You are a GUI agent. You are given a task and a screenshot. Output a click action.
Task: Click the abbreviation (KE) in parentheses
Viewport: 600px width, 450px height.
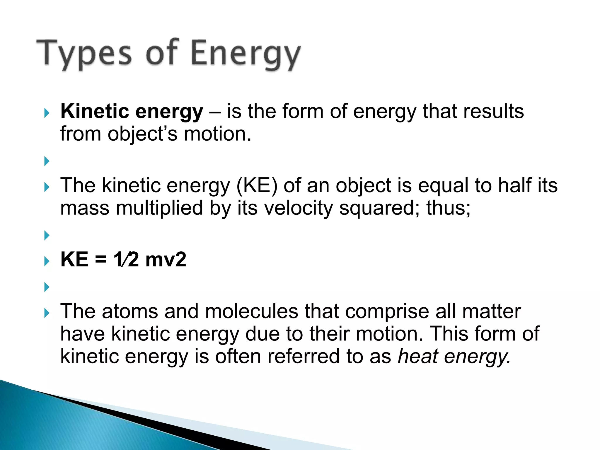pyautogui.click(x=257, y=186)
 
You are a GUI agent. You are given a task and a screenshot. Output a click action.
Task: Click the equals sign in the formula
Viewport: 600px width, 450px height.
pyautogui.click(x=100, y=260)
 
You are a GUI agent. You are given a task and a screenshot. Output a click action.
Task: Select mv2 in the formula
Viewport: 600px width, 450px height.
pyautogui.click(x=166, y=260)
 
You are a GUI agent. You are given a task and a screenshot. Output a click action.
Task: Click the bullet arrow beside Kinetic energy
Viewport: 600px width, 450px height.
pyautogui.click(x=47, y=113)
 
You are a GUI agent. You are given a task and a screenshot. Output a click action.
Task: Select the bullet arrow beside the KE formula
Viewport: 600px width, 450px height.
pyautogui.click(x=47, y=261)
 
